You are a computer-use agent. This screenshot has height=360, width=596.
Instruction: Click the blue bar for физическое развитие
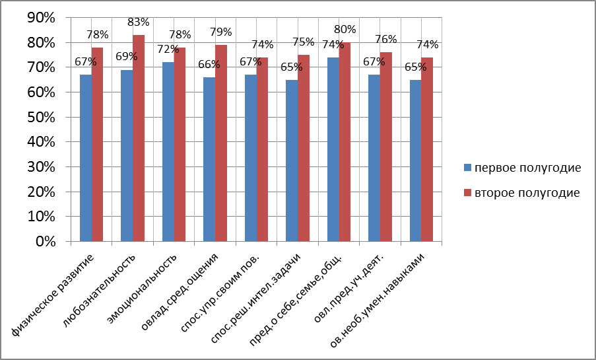pyautogui.click(x=86, y=159)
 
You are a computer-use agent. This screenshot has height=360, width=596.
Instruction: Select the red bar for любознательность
pyautogui.click(x=139, y=139)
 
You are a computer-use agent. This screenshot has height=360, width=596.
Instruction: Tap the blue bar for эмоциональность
pyautogui.click(x=168, y=152)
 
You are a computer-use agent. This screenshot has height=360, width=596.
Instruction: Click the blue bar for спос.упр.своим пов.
pyautogui.click(x=251, y=159)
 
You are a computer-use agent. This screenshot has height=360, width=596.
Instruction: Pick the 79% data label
pyautogui.click(x=221, y=32)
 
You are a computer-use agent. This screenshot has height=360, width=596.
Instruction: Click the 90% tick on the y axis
pyautogui.click(x=40, y=18)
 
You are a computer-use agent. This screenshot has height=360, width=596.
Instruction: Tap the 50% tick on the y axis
pyautogui.click(x=40, y=118)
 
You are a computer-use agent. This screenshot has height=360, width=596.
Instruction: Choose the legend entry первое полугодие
pyautogui.click(x=521, y=167)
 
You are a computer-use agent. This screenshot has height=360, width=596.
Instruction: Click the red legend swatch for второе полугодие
pyautogui.click(x=467, y=193)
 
